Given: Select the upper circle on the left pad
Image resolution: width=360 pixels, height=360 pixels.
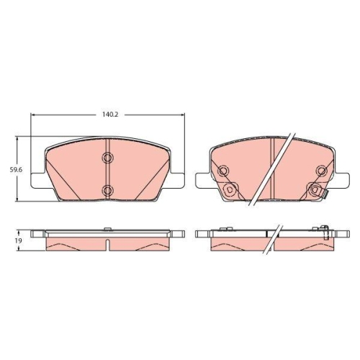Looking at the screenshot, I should point(107,158).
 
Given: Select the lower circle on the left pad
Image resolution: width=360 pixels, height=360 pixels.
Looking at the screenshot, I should point(107,190).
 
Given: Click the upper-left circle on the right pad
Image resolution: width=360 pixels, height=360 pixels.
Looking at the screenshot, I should point(224,171).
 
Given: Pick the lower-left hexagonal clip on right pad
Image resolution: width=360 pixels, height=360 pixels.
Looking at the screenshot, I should point(230,190).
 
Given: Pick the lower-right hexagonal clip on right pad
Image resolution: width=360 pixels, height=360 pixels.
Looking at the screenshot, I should point(314,190).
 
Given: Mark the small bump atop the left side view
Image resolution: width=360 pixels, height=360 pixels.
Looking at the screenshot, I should point(107,229).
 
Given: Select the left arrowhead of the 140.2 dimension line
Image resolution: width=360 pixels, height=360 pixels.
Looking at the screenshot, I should point(33,117).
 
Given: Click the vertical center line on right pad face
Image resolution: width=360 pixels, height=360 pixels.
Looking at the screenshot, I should point(271,166).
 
